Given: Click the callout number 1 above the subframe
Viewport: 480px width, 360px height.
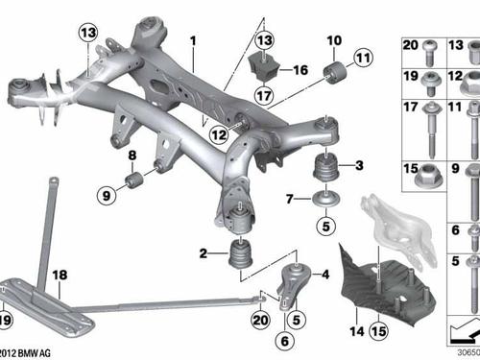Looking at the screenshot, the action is point(193,41).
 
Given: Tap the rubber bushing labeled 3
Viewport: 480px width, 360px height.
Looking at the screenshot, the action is point(325,166).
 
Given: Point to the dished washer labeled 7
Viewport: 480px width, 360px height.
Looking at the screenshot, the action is point(325,199).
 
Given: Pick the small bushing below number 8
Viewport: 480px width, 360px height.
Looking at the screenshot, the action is point(134,180).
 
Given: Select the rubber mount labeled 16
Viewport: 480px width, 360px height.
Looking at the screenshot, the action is point(264,66).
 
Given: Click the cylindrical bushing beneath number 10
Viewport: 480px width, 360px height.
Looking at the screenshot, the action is point(335,73).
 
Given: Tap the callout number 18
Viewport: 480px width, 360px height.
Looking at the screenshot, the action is point(60,275).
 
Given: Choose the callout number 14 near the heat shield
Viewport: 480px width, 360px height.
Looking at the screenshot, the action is point(357,331).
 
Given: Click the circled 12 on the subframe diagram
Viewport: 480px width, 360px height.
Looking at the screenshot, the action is point(219,134).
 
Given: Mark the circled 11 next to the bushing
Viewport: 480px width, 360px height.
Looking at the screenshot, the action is point(363,58).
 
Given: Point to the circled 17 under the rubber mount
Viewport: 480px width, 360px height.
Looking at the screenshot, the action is point(264,95).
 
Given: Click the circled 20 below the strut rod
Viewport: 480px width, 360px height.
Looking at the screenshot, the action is point(260,320).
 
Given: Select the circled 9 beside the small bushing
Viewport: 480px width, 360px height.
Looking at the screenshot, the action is point(107,195).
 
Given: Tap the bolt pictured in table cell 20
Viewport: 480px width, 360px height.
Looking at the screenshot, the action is point(430,53).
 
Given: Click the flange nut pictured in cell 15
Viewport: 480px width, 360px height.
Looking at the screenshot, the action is point(428,177).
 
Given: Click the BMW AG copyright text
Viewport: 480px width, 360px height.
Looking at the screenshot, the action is point(25,353).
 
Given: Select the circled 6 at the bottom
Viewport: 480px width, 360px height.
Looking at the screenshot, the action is point(284,341).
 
